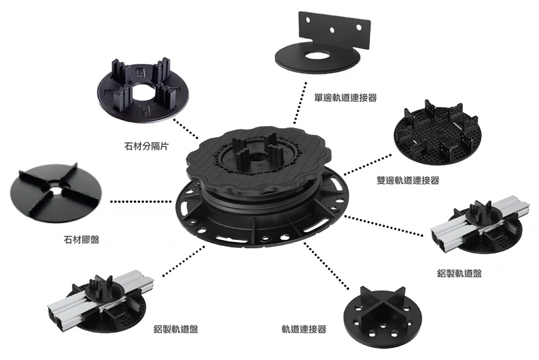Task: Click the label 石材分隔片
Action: point(146,146)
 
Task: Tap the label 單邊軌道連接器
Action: point(346,98)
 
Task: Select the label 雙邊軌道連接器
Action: point(408,180)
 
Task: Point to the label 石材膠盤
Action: point(82,239)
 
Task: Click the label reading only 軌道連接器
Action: point(304,329)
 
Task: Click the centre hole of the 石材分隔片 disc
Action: point(144,92)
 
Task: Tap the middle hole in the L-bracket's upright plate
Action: point(332,30)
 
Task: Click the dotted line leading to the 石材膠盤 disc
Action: point(141,202)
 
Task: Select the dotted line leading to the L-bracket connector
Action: point(300,102)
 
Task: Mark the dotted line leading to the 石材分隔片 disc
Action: point(186,129)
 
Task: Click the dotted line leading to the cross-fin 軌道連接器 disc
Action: point(326,266)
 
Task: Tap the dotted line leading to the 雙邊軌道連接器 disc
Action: point(367,165)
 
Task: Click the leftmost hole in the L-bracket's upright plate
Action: point(308,20)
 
